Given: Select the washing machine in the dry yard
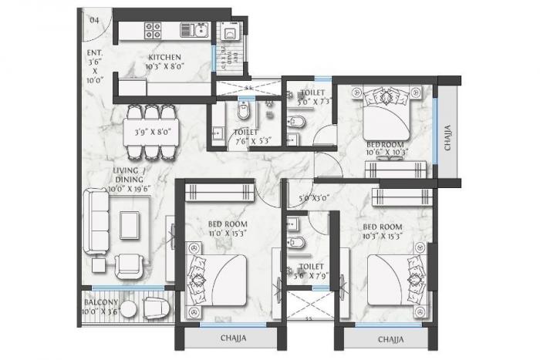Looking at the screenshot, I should [229, 33].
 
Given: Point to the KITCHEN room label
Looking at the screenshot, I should [165, 56].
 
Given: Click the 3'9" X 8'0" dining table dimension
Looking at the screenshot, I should [151, 131].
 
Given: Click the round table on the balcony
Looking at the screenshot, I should [130, 308].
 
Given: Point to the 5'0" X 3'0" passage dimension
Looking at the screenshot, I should [312, 197].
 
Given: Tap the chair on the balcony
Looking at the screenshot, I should [155, 308].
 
